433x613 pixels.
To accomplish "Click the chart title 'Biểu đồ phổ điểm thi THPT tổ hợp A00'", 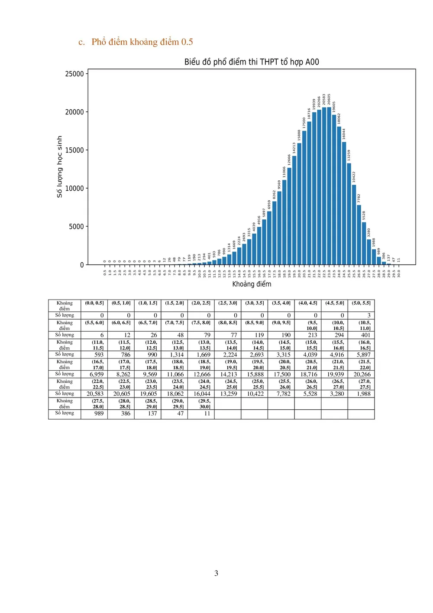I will (252, 62).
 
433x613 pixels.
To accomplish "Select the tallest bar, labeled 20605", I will (329, 186).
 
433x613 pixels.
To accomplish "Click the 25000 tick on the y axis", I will (74, 74).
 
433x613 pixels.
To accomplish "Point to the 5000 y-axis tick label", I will (76, 227).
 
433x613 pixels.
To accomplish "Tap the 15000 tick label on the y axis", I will (74, 150).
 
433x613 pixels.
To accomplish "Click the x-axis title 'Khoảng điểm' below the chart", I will (252, 284).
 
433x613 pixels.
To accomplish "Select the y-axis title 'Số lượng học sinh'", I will (60, 167).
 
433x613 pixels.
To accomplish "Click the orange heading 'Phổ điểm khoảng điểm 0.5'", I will (142, 42).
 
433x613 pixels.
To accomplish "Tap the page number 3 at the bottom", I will (216, 573).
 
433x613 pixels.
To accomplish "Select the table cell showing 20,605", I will (122, 394).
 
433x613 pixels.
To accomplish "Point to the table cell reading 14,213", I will (229, 374).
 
